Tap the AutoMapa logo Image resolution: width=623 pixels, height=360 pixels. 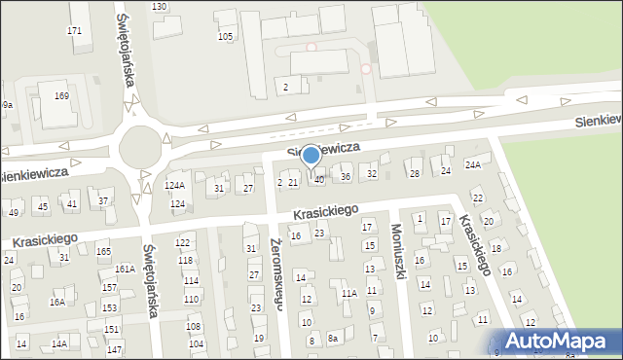560,341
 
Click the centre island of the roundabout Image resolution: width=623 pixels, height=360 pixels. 139,152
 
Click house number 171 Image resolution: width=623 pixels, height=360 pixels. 74,31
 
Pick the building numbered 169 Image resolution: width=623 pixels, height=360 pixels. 61,96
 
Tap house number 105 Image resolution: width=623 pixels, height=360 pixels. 226,37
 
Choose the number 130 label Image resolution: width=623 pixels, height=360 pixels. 159,7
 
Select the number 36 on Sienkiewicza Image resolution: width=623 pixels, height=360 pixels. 346,176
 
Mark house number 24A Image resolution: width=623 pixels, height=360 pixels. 473,165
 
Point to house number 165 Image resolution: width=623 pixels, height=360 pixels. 104,252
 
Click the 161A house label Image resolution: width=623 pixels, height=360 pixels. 125,269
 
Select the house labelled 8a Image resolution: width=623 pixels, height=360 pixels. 333,339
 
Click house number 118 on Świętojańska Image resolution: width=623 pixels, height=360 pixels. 185,260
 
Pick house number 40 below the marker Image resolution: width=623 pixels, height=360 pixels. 319,180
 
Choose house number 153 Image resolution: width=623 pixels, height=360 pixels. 110,307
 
